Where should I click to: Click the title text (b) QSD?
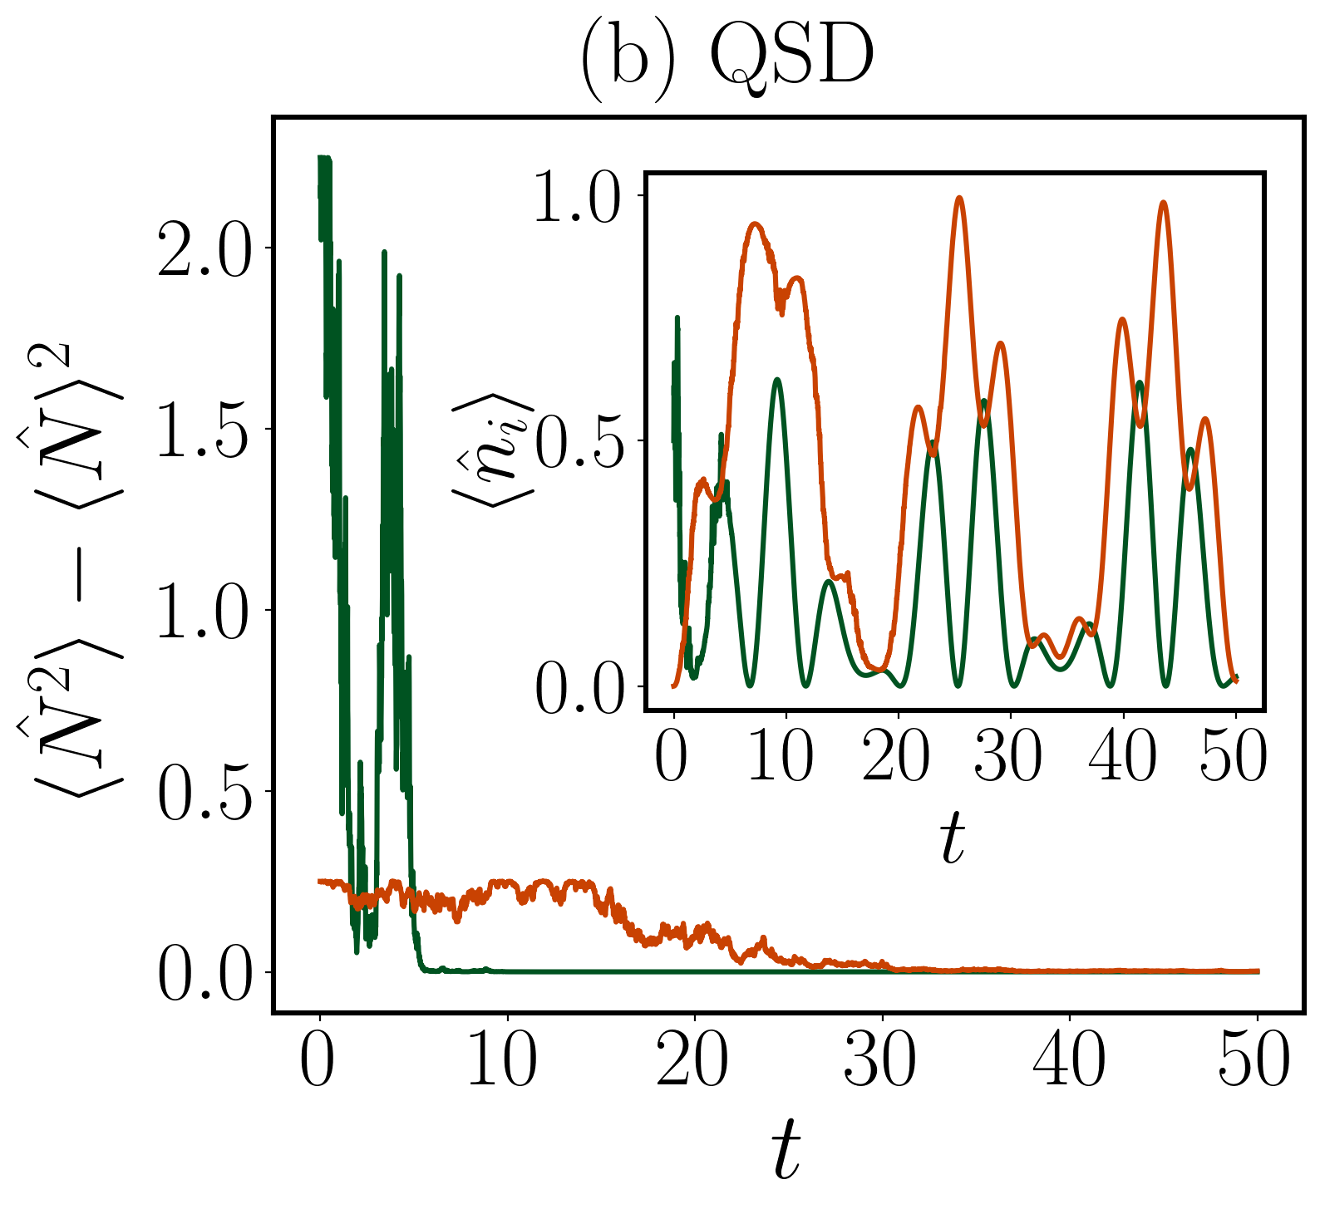pyautogui.click(x=726, y=58)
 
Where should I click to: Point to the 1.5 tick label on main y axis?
pyautogui.click(x=203, y=430)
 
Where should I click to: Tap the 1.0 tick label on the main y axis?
pyautogui.click(x=203, y=612)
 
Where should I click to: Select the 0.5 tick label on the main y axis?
pyautogui.click(x=203, y=792)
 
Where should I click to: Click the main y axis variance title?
pyautogui.click(x=71, y=565)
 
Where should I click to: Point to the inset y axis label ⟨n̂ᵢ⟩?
pyautogui.click(x=492, y=449)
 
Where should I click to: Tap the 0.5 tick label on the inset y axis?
pyautogui.click(x=579, y=441)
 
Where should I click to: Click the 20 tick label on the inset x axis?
pyautogui.click(x=895, y=758)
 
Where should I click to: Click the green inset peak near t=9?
pyautogui.click(x=777, y=380)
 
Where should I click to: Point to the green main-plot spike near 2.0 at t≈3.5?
pyautogui.click(x=383, y=252)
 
